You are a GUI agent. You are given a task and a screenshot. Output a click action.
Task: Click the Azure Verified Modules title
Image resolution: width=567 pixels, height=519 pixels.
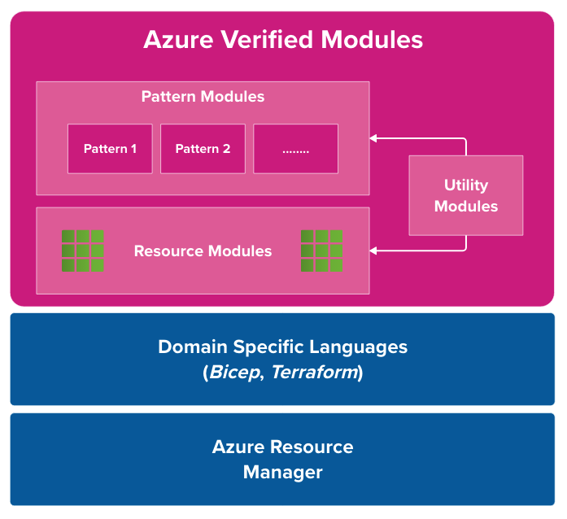tap(283, 40)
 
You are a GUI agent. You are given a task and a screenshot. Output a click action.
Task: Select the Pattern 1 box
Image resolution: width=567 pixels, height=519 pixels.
tap(110, 149)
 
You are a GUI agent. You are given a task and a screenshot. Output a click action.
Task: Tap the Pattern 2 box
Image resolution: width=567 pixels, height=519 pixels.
tap(203, 149)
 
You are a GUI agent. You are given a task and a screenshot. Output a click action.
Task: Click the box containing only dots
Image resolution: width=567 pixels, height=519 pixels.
tap(295, 149)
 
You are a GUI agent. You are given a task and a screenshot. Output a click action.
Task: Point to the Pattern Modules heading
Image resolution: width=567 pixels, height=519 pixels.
tap(203, 96)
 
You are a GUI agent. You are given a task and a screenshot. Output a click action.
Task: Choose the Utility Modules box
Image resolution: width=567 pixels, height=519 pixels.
tap(465, 195)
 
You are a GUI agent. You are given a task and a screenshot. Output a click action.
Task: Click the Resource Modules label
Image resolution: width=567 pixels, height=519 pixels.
tap(203, 251)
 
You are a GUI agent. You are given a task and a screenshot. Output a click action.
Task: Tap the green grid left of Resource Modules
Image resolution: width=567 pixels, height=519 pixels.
tap(83, 251)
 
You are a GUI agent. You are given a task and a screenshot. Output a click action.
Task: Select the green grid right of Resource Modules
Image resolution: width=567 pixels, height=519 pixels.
tap(321, 251)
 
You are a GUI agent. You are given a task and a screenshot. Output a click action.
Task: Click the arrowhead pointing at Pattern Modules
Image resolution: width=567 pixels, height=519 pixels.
tap(374, 138)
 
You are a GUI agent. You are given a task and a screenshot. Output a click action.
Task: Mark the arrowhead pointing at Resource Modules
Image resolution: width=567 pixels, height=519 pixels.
tap(374, 251)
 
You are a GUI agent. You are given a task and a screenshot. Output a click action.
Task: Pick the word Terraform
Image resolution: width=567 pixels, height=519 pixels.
tap(314, 373)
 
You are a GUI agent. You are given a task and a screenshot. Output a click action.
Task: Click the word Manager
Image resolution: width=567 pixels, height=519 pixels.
tap(282, 472)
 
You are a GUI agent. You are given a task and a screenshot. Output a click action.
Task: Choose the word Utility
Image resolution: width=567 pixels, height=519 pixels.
tap(465, 185)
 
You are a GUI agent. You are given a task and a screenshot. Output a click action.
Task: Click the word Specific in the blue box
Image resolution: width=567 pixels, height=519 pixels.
tap(265, 347)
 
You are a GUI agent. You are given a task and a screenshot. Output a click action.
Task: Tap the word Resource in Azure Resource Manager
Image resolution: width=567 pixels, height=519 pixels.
tap(312, 447)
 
